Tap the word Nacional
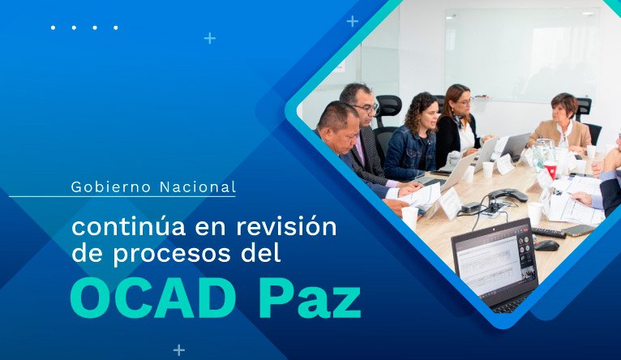[198, 187]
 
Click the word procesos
[172, 254]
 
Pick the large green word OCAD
[151, 300]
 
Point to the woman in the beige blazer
[563, 123]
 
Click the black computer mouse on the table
[546, 246]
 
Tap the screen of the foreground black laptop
[495, 261]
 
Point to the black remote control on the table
[548, 233]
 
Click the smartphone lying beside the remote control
[579, 230]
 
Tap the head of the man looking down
[339, 126]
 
